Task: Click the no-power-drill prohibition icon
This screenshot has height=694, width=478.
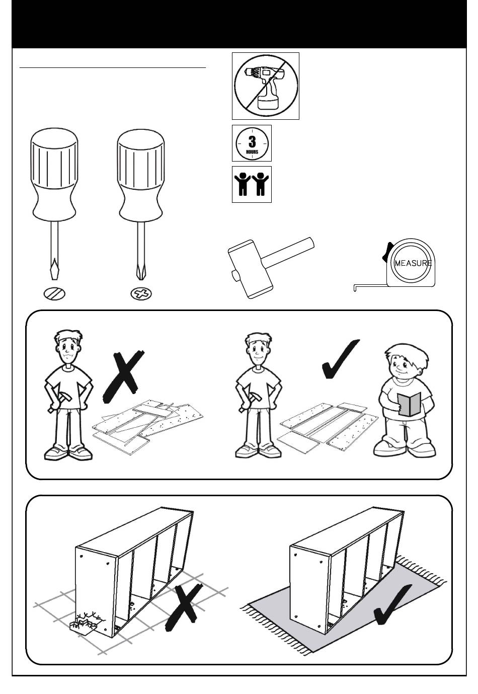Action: [x=266, y=86]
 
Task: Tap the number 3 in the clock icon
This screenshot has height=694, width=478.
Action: [x=252, y=141]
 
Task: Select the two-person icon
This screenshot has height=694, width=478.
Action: [x=252, y=184]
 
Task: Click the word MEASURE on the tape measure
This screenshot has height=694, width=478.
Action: [x=413, y=263]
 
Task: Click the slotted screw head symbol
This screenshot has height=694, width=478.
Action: [x=54, y=293]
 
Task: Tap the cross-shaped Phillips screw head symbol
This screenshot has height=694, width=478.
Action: [x=141, y=293]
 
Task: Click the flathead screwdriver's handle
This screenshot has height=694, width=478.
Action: [x=54, y=175]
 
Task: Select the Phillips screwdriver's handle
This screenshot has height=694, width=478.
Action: [x=141, y=175]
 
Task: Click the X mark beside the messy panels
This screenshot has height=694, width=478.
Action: [x=122, y=377]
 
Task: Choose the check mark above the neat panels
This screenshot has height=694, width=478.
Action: [x=340, y=358]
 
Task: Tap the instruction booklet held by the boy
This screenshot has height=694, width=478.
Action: [x=409, y=404]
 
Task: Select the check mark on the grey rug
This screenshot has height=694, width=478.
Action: [x=392, y=604]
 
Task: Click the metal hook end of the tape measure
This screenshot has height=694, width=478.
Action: [x=355, y=288]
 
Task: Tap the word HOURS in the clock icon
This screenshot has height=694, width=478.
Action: [x=252, y=152]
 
